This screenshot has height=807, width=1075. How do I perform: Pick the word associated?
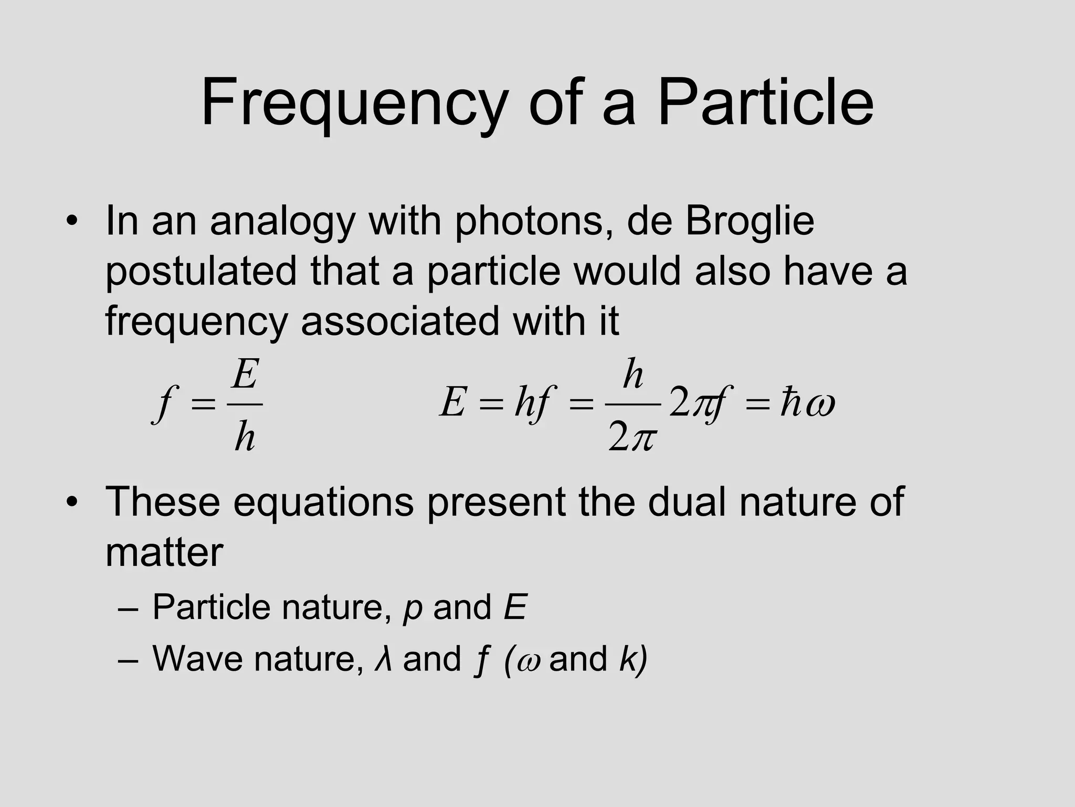click(x=400, y=321)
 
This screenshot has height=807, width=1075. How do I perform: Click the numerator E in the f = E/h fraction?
click(x=245, y=375)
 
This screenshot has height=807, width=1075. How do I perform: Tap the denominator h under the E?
click(x=245, y=437)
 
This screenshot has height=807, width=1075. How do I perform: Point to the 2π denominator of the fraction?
click(x=632, y=437)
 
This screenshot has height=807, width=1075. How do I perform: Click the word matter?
click(x=164, y=553)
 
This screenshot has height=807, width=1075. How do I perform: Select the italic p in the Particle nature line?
click(x=413, y=608)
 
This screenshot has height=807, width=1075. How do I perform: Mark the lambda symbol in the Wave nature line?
click(x=383, y=659)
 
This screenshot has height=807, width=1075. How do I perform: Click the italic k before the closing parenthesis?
click(x=628, y=658)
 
